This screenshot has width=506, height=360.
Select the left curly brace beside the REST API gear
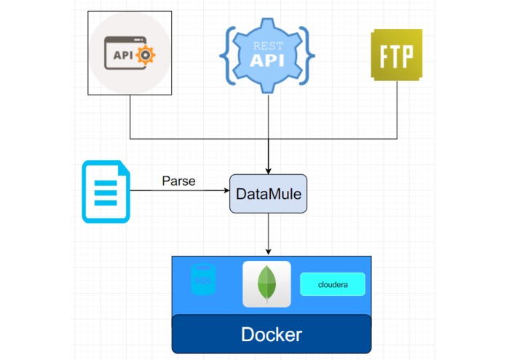click(x=228, y=55)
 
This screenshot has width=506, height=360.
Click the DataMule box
click(x=268, y=194)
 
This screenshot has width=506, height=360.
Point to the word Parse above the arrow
click(x=178, y=181)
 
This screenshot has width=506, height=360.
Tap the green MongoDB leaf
click(x=266, y=283)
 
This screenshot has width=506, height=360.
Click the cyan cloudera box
click(x=332, y=284)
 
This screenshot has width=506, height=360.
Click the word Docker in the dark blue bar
click(x=272, y=335)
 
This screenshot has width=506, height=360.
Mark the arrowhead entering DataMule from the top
click(x=269, y=171)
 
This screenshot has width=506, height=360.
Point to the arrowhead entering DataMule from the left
click(x=226, y=191)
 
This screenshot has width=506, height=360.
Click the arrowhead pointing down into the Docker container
click(x=269, y=252)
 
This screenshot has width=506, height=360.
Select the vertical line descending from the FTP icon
click(x=398, y=109)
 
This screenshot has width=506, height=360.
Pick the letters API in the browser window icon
click(x=122, y=55)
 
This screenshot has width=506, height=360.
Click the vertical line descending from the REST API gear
click(x=269, y=117)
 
